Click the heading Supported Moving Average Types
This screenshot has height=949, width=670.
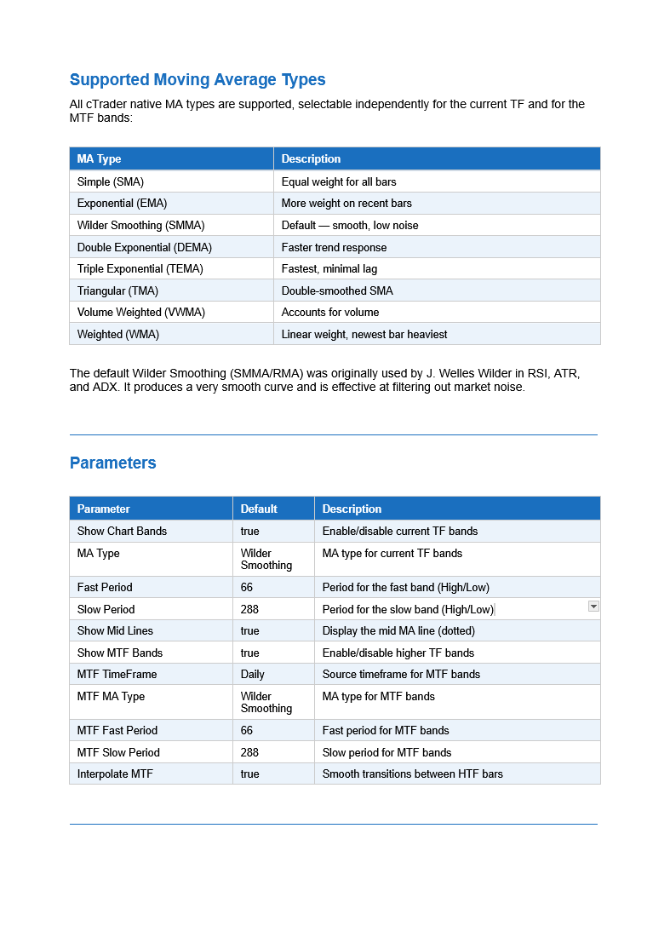(198, 80)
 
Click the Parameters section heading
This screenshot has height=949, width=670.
(112, 463)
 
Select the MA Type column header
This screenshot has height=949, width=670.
(99, 159)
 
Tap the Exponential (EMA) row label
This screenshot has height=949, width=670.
(122, 204)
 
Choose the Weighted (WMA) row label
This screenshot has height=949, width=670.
(118, 335)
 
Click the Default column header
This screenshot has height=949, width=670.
(259, 509)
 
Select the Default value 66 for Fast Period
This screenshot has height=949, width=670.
(247, 588)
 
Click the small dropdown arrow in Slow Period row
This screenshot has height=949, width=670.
(593, 607)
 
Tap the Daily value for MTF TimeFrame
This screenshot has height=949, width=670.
(253, 675)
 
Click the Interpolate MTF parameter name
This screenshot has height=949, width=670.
(116, 774)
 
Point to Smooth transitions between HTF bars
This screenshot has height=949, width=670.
(413, 774)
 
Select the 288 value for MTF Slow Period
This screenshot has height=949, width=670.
(249, 753)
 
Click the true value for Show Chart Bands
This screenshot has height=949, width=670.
(250, 532)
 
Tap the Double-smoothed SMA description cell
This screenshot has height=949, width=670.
(337, 291)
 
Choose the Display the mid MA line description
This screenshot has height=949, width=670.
(398, 631)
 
